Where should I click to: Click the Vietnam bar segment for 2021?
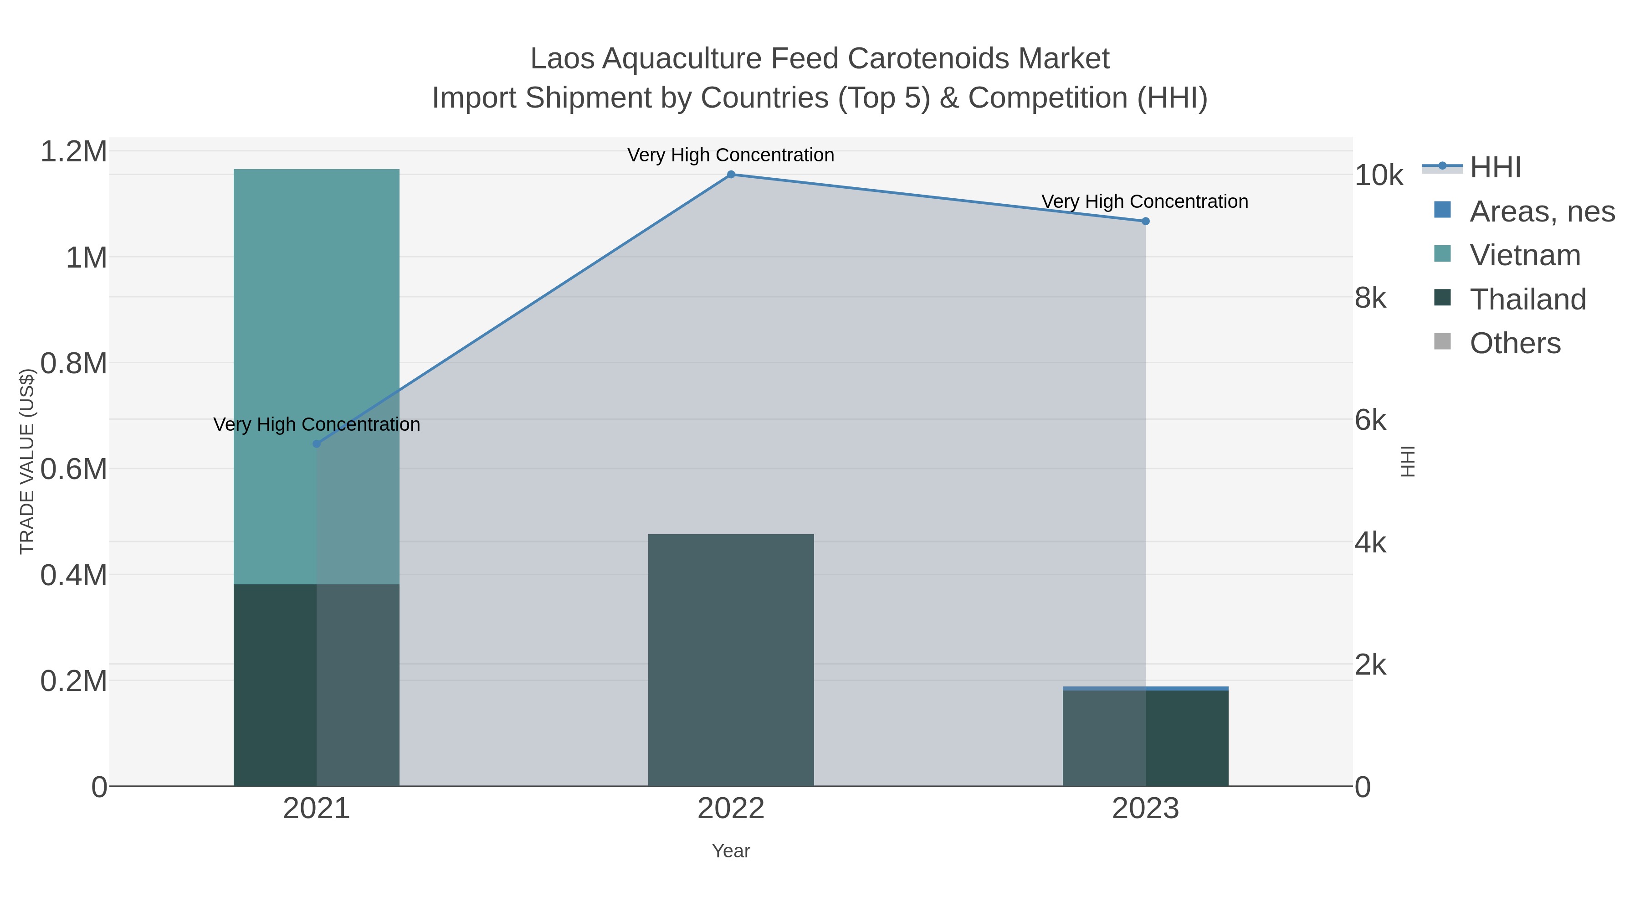[317, 376]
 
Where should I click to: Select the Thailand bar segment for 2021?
[317, 685]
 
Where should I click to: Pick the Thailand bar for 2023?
[1145, 738]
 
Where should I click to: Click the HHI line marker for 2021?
[317, 443]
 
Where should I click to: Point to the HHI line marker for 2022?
[731, 175]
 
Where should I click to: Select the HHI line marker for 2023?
[1145, 221]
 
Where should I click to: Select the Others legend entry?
[1515, 343]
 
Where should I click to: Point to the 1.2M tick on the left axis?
[74, 152]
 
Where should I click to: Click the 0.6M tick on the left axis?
[74, 469]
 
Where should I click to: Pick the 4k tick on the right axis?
[1370, 543]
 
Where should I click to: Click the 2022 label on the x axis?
[731, 808]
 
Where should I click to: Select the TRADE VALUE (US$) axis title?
[27, 461]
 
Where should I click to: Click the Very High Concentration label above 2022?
[731, 155]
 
